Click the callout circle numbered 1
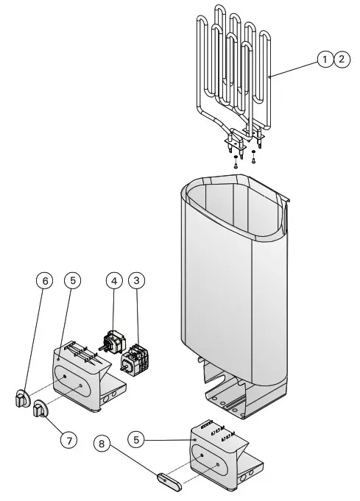coord(325,60)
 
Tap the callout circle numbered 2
coord(342,60)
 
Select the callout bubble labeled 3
coord(136,280)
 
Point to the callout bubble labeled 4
coord(113,280)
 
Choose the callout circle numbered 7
coord(68,440)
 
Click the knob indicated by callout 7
coord(39,408)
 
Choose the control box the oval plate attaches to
coord(217,456)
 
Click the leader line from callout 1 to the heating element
coord(294,68)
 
